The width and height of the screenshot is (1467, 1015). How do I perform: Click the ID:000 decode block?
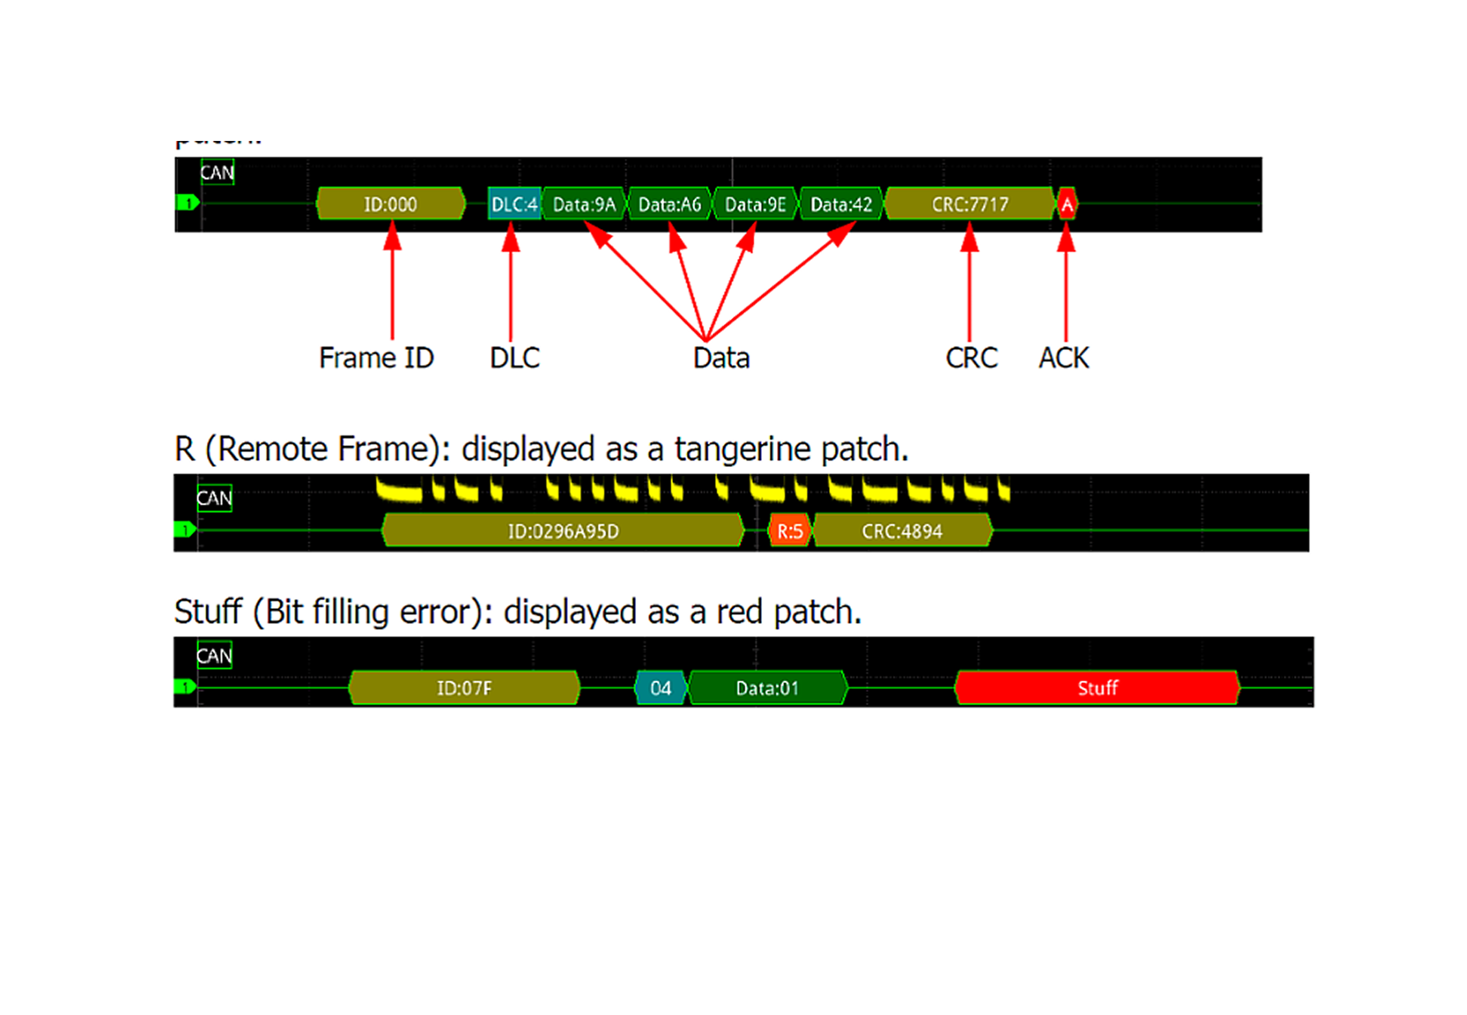(390, 204)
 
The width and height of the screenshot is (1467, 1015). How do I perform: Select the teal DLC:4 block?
(514, 204)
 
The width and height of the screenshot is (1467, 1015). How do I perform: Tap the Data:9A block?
(584, 204)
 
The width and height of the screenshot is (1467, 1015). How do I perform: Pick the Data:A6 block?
(670, 204)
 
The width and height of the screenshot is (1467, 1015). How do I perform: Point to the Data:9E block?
(755, 204)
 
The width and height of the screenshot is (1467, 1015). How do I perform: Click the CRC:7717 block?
(969, 204)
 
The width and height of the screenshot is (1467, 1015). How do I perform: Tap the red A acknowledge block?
(1067, 204)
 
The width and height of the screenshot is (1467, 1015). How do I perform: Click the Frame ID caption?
(376, 358)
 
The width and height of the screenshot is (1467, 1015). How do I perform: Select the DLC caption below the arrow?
(515, 358)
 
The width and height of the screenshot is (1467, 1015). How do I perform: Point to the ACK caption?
(1064, 358)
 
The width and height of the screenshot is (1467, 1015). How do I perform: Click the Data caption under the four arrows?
(722, 358)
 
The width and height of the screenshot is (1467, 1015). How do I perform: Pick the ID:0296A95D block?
(563, 531)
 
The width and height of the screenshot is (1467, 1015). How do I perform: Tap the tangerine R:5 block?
(789, 531)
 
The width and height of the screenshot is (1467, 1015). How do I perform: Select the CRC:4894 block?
(902, 531)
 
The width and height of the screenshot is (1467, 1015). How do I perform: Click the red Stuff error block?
(1097, 687)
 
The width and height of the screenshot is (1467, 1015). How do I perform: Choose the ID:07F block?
(464, 687)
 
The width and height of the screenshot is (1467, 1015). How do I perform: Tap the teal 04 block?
(661, 687)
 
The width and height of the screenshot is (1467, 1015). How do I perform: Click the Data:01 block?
(767, 687)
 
